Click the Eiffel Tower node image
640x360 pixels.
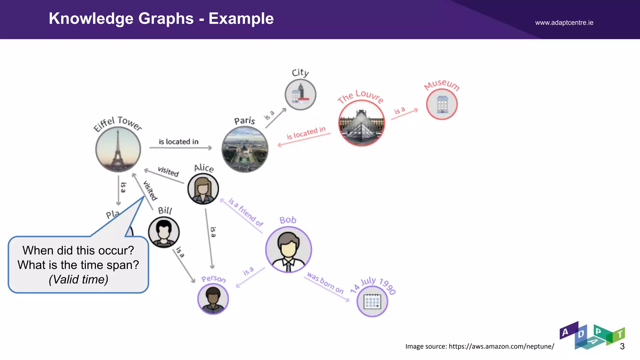pos(118,150)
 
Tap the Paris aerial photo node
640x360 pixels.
pos(245,150)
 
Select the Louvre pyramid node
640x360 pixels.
pos(362,123)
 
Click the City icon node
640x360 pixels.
pos(300,94)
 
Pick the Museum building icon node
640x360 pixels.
pos(442,104)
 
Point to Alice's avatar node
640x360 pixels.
pos(203,189)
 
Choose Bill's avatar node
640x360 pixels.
pos(164,232)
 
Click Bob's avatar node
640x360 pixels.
pos(288,249)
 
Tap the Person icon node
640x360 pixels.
pos(213,299)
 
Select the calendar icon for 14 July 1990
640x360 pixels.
pos(372,302)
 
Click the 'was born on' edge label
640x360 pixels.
pos(325,283)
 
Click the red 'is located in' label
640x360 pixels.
pos(306,133)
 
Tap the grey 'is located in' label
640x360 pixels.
pos(178,142)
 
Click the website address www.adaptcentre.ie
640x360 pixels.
pos(564,22)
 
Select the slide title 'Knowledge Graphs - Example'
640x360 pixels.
pos(161,18)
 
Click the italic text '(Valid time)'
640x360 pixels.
pos(78,279)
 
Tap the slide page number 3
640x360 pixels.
pos(622,346)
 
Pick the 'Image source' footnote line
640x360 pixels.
pos(480,346)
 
